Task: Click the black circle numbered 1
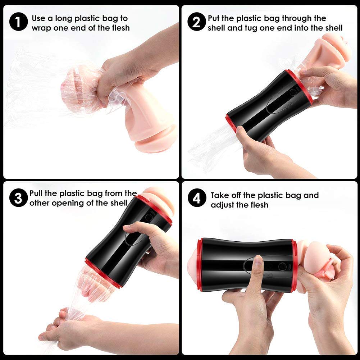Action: (18, 22)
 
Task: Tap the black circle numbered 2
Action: (196, 22)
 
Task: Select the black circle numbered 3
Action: (18, 198)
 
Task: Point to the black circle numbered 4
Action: (197, 198)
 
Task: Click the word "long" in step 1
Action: (64, 19)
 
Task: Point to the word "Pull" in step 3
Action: (36, 193)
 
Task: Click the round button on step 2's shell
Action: (293, 92)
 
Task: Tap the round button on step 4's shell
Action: (282, 266)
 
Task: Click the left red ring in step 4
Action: (200, 264)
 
